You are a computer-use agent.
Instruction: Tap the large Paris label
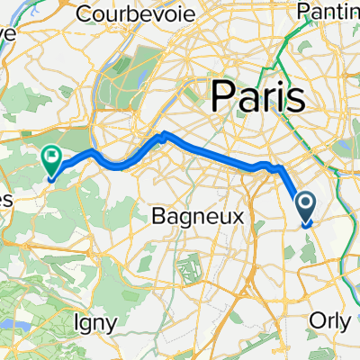point(256,94)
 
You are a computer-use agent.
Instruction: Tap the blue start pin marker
point(306,210)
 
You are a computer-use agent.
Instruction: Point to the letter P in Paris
point(221,94)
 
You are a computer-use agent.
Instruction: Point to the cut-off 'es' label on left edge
point(4,174)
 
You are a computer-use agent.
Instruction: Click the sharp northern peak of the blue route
point(164,135)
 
